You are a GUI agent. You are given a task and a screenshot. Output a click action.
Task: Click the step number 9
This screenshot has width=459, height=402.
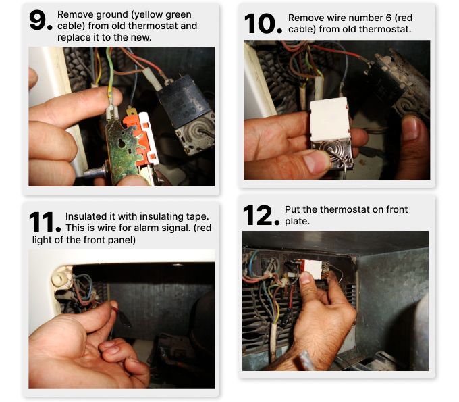(40, 20)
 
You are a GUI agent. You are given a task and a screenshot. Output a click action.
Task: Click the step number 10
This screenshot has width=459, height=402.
(263, 24)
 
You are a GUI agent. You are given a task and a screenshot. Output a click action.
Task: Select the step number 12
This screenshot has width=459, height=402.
(261, 216)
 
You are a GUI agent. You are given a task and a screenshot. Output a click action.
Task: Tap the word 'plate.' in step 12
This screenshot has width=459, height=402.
(297, 221)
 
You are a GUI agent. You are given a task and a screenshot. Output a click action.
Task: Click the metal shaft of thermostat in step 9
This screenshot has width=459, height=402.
(94, 172)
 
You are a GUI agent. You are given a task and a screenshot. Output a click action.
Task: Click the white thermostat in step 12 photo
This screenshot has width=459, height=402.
(313, 269)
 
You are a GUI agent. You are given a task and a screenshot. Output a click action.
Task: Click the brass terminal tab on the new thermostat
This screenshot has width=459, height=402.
(132, 112)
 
